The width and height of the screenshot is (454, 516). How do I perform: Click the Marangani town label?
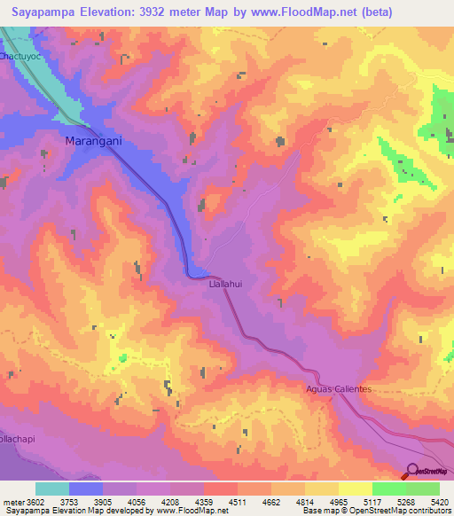tap(94, 140)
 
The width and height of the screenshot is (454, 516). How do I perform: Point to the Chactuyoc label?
tap(20, 56)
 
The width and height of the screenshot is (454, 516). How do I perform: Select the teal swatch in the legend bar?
tap(52, 489)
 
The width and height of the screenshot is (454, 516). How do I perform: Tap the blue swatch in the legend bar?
tap(86, 489)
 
